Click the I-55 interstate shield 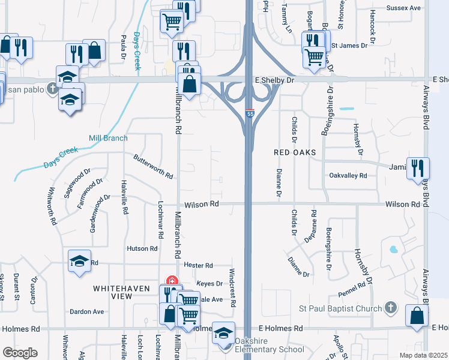249,113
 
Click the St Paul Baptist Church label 340,309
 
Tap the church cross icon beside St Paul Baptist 390,308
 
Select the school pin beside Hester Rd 79,261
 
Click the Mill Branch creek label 108,138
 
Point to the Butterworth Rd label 153,166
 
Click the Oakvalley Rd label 348,175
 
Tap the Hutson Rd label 142,248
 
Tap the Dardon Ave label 87,311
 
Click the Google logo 20,352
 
